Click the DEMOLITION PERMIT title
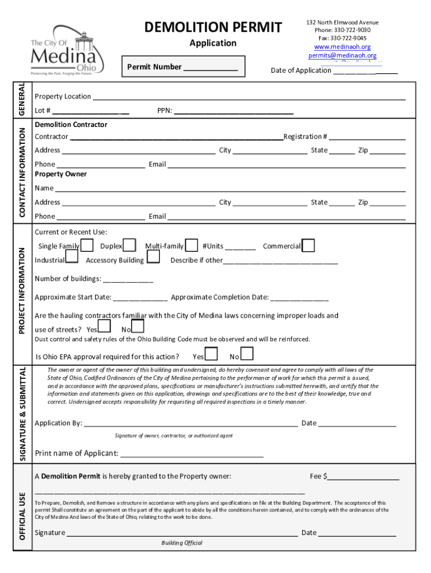[213, 27]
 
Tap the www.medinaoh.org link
[342, 47]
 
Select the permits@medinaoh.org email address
[342, 56]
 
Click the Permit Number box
[183, 67]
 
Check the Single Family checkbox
[87, 246]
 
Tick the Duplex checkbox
[129, 246]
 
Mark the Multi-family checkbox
[191, 246]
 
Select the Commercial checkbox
[308, 246]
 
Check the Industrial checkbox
[72, 257]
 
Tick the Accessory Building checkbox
[153, 257]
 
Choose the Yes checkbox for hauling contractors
[104, 326]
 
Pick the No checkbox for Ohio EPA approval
[247, 354]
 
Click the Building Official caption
[182, 543]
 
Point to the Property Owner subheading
[60, 174]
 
